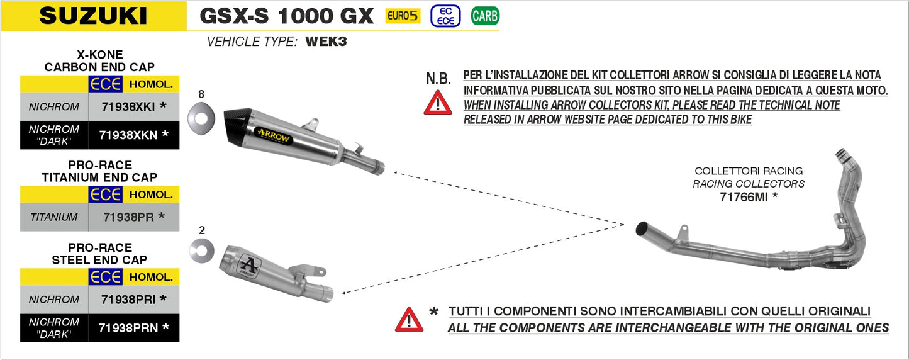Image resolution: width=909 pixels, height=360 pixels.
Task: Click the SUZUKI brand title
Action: point(93,16)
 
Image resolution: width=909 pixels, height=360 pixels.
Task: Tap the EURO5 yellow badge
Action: point(403,16)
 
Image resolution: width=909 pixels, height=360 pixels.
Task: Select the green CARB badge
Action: point(485,16)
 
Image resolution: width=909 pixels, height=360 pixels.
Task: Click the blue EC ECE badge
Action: point(445,16)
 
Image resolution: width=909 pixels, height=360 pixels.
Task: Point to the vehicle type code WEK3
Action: point(326,42)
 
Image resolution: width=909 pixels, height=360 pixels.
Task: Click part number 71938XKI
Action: point(128,107)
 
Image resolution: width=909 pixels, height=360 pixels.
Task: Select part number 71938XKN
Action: point(128,134)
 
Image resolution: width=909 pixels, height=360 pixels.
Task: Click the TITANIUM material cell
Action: point(54,217)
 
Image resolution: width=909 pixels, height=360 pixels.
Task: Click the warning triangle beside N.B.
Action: point(438,102)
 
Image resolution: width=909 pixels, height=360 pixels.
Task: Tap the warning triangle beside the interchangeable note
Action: point(409,320)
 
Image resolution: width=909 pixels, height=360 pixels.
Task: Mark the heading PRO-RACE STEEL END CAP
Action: point(99,254)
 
